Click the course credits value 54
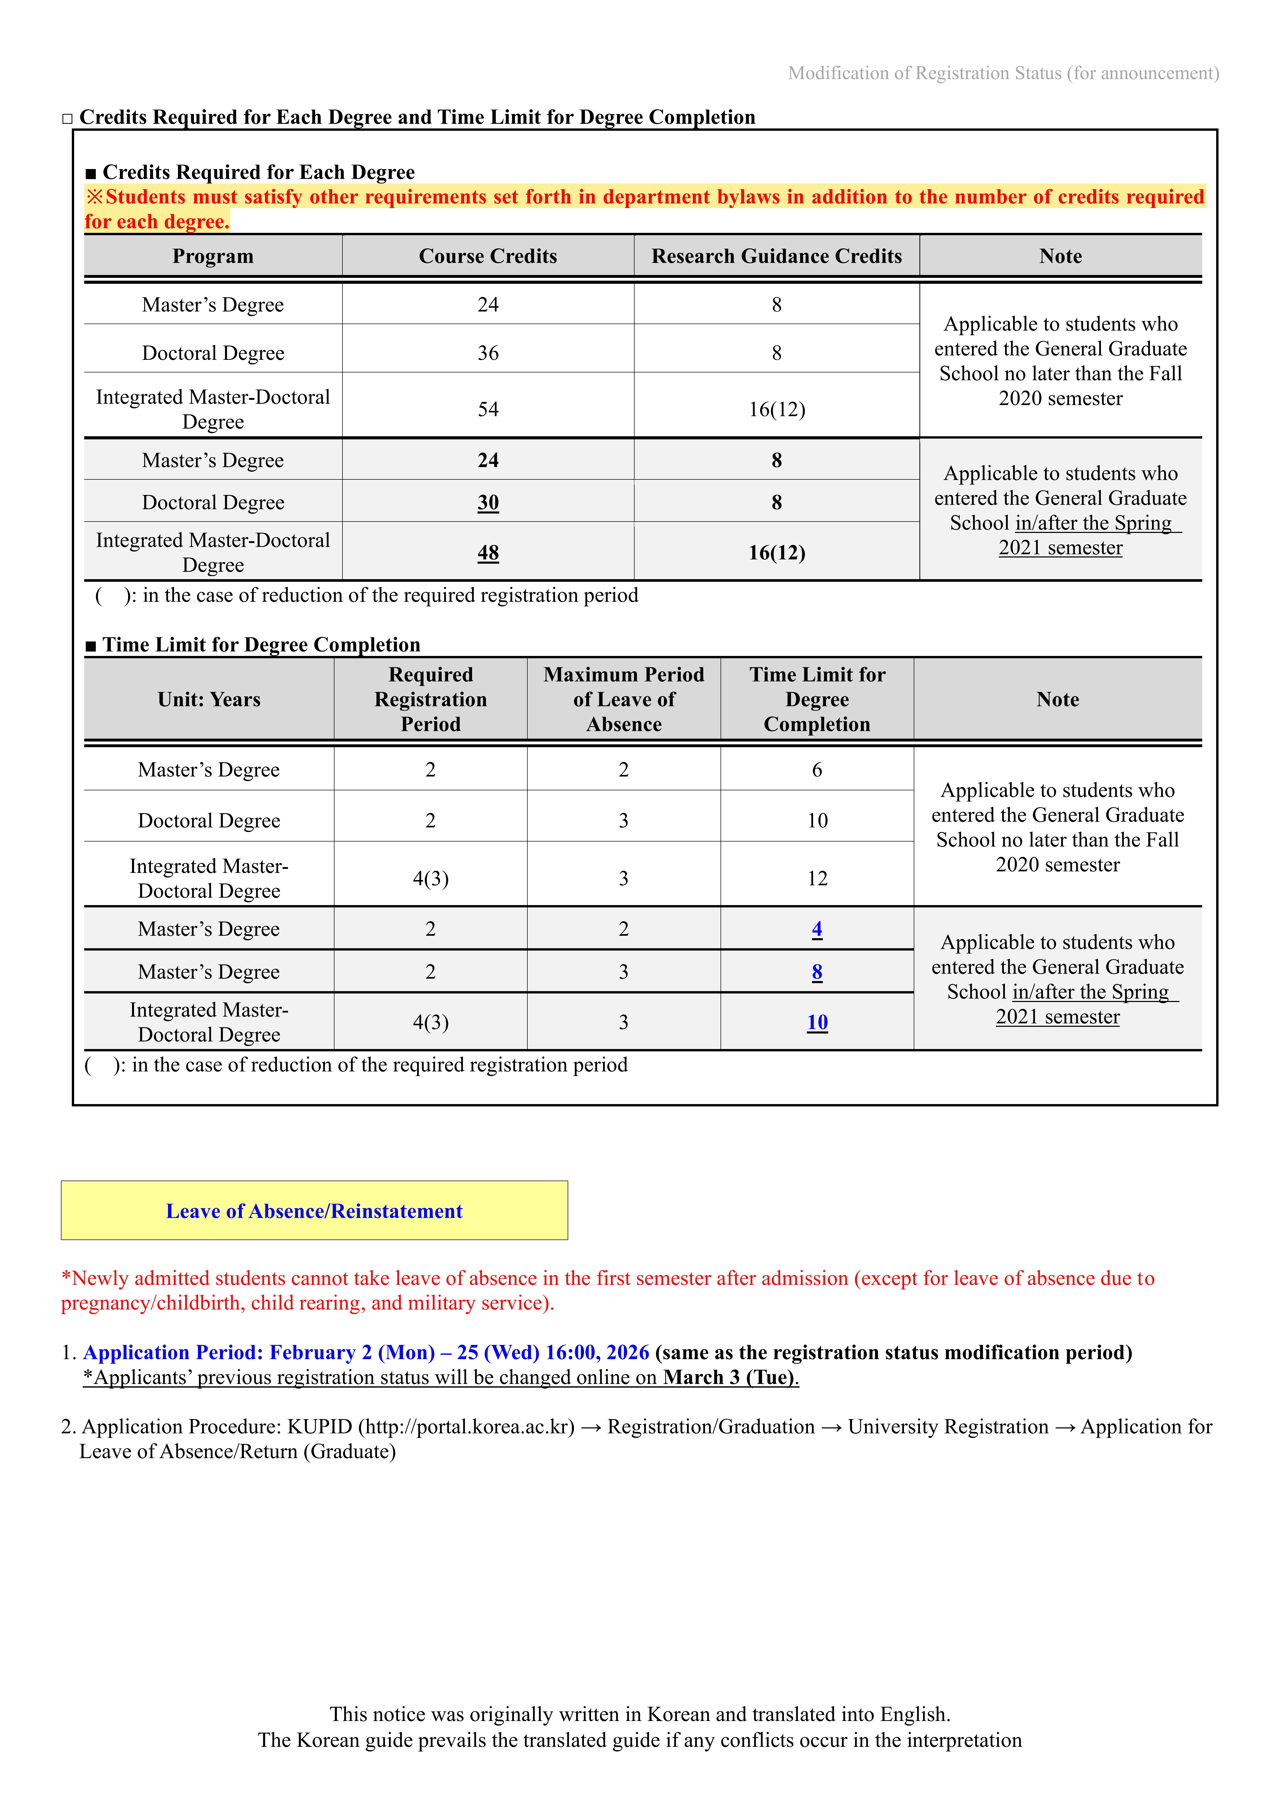pos(488,409)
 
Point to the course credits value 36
pos(488,353)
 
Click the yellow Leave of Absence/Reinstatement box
pos(314,1211)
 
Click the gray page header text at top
pos(1003,73)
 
